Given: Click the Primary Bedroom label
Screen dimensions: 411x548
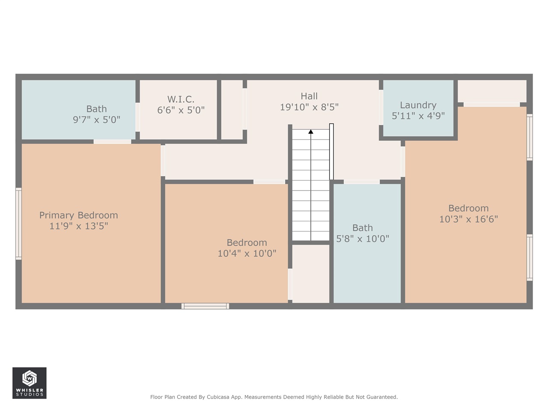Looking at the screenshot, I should (78, 215).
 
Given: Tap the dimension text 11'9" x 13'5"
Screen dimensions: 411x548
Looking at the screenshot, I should (78, 226).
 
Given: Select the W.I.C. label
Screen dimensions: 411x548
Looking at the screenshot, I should (181, 99).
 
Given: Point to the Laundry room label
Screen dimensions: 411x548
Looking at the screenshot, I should (418, 105).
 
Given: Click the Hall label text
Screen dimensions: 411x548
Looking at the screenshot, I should (309, 96).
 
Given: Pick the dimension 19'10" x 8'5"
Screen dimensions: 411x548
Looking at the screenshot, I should (309, 107).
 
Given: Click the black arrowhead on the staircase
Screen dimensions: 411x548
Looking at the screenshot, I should (311, 132).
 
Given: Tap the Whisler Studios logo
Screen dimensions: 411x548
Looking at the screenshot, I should (29, 383).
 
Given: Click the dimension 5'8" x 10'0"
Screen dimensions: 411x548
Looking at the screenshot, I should (362, 239).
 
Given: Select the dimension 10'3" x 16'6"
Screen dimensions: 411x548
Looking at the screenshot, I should (468, 219).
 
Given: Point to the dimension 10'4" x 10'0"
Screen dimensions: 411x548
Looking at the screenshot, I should (247, 253).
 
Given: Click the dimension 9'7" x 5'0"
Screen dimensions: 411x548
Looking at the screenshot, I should (96, 120).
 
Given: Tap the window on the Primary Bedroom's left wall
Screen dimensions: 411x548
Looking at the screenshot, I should (18, 223).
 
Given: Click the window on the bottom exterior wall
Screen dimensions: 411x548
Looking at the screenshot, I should (205, 306).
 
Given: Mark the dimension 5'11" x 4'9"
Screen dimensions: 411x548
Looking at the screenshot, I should (418, 116).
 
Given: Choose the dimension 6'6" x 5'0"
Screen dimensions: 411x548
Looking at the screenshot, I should (181, 110).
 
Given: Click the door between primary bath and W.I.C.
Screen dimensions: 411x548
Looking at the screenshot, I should (137, 117).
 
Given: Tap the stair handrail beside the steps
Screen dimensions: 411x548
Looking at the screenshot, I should (331, 152).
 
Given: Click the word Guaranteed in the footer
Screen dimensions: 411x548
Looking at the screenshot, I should (381, 397).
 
